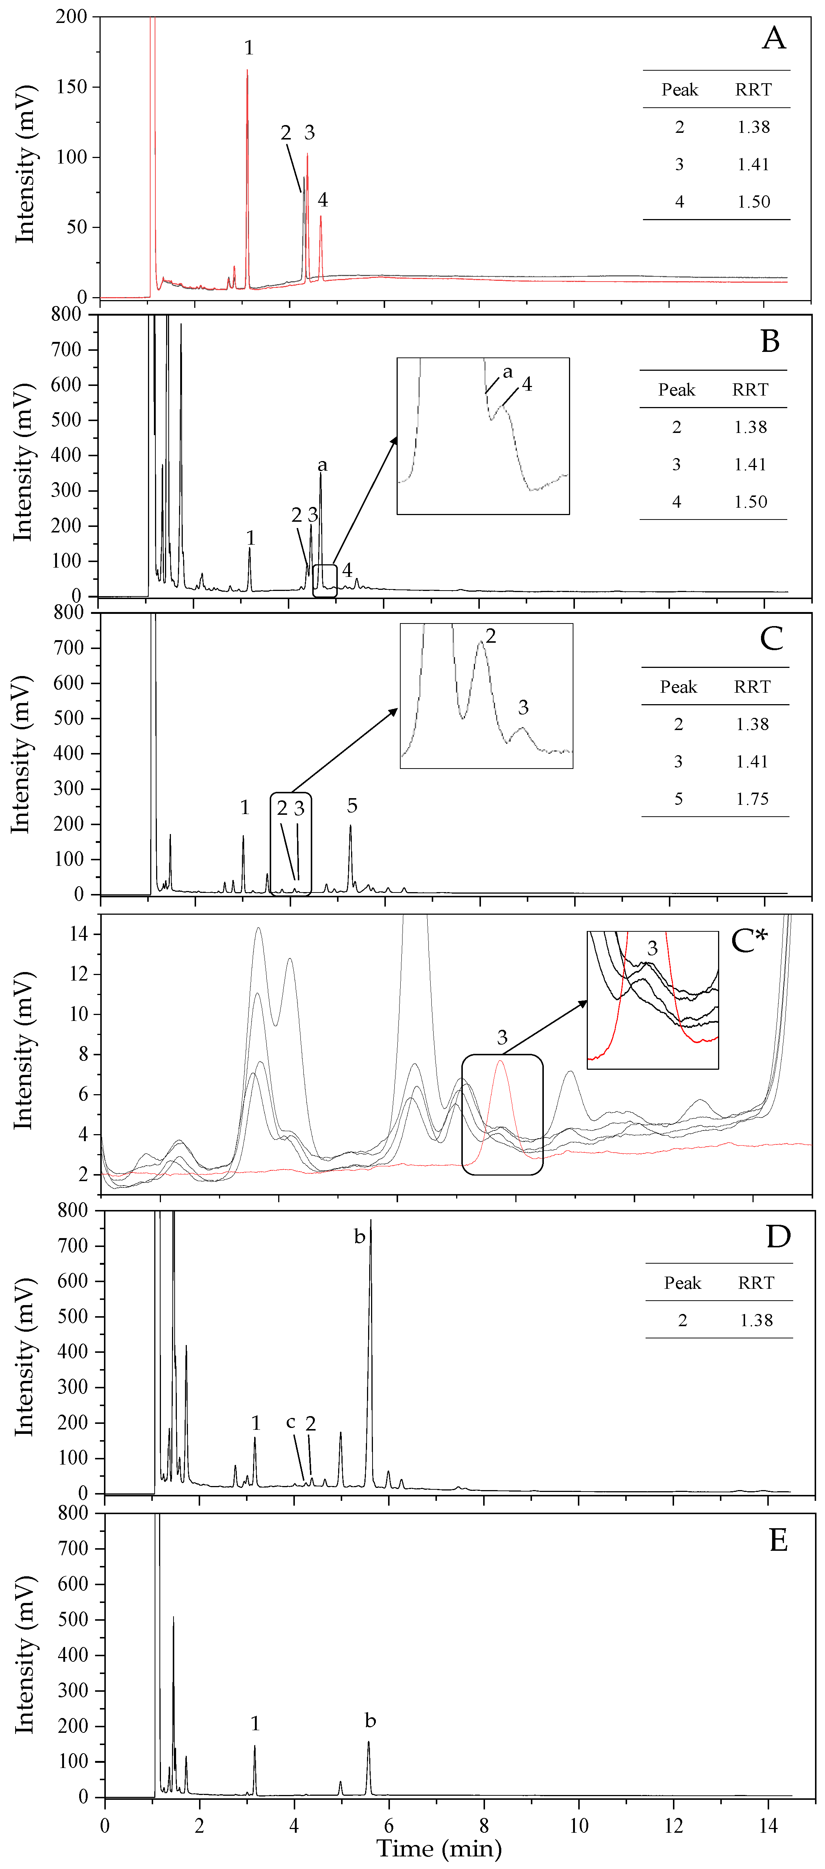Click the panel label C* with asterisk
point(748,942)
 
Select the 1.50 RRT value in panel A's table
point(753,202)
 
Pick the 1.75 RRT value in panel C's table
point(752,799)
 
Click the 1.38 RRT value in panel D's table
point(756,1321)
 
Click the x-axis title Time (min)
point(439,1848)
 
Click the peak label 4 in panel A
point(323,199)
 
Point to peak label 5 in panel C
point(352,805)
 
